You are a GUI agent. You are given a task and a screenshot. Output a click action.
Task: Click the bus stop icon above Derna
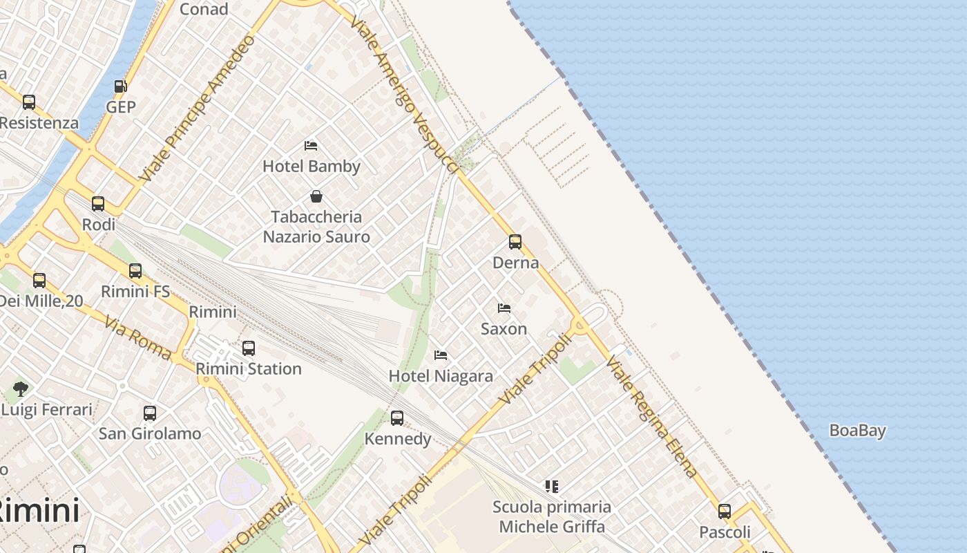point(515,242)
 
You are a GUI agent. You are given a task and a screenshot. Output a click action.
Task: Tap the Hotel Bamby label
point(312,167)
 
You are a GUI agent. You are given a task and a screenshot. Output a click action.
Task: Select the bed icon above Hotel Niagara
point(441,355)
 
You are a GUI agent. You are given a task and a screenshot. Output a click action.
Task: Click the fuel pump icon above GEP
point(121,86)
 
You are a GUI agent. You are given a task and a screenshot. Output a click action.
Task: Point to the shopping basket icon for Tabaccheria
point(316,196)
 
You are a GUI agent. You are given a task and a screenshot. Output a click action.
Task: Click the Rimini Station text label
point(249,369)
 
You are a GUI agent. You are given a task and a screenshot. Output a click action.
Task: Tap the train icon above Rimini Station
point(249,348)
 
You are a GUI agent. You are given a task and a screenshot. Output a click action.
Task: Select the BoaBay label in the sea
point(857,431)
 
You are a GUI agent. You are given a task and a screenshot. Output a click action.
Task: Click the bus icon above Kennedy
point(397,418)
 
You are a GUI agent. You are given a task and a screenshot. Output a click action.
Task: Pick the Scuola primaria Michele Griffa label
point(552,517)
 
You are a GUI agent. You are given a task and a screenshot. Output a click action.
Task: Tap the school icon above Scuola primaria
point(551,487)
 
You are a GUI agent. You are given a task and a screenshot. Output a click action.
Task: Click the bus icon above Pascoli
point(725,512)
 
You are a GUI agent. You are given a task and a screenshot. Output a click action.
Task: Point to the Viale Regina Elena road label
point(653,417)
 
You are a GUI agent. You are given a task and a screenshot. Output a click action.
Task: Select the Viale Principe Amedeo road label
point(197,108)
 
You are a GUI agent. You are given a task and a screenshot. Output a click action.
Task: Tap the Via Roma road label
point(138,338)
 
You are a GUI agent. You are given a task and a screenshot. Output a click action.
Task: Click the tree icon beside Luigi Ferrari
point(21,389)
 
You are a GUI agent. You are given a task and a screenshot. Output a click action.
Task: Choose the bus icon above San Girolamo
point(150,413)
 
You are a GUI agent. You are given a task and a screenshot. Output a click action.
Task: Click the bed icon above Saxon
point(504,308)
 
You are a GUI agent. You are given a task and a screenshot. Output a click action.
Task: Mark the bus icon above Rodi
point(98,204)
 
